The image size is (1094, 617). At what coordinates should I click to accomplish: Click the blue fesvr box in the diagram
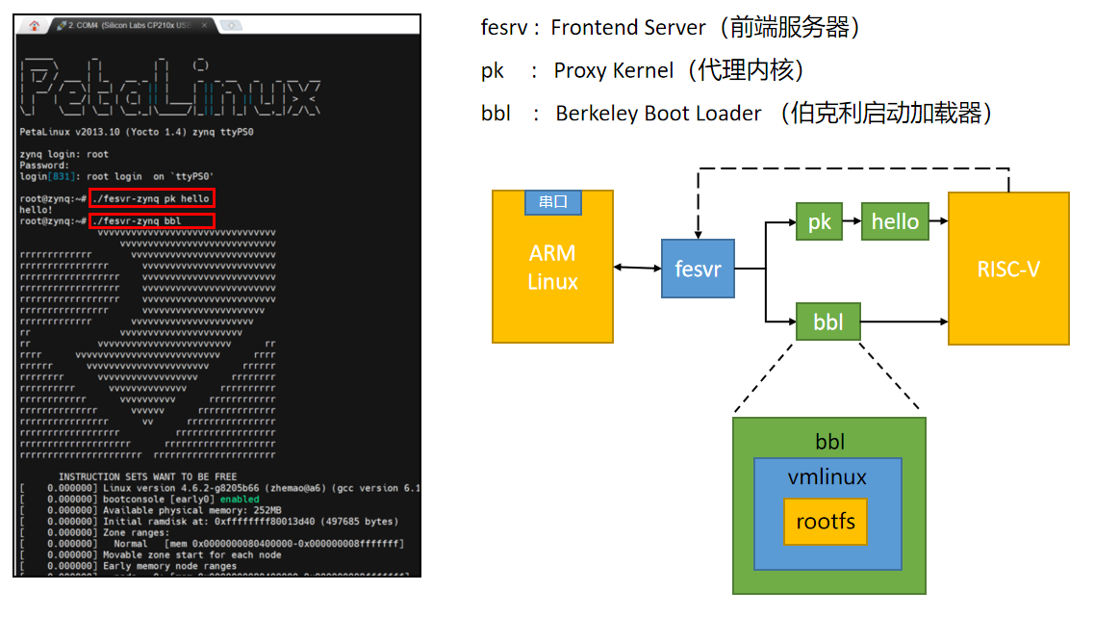tap(699, 269)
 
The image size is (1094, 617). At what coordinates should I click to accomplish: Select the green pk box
tap(819, 221)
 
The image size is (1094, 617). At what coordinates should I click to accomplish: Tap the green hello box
tap(895, 221)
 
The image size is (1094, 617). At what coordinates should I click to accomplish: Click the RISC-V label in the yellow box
tap(1008, 269)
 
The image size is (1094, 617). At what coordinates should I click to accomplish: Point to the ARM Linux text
tap(552, 268)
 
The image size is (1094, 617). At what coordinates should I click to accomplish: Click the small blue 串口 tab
tap(552, 202)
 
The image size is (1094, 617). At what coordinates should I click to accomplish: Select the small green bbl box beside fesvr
tap(827, 321)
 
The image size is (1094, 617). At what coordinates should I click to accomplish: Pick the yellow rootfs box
tap(825, 524)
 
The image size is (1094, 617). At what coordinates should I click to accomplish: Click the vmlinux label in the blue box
tap(827, 477)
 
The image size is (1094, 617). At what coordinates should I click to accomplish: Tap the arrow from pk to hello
tap(851, 221)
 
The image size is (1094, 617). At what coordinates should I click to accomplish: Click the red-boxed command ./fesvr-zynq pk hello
tap(151, 198)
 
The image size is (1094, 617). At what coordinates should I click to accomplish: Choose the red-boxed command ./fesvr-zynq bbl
tap(151, 220)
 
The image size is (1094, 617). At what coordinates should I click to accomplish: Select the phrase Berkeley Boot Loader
tap(658, 113)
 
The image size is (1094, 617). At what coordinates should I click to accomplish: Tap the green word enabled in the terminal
tap(239, 500)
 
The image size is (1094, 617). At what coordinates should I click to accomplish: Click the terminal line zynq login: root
tap(64, 154)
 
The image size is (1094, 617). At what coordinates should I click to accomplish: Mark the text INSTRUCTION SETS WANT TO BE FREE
tap(147, 476)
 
